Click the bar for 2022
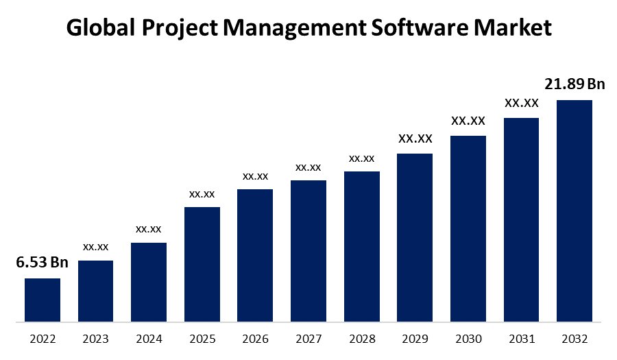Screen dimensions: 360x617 click(43, 300)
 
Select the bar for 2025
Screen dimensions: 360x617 click(202, 264)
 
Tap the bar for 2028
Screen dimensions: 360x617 click(362, 246)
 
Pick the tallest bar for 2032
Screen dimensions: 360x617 click(574, 211)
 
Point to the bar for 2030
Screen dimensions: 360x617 click(468, 228)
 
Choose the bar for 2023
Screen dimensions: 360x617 click(95, 291)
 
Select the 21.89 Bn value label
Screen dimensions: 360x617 click(574, 84)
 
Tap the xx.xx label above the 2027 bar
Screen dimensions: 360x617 click(308, 167)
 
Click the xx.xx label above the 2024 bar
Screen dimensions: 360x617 click(149, 228)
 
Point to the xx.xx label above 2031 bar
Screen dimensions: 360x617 click(522, 104)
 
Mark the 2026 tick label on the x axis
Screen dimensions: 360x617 click(255, 339)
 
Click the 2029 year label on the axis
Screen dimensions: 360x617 click(415, 339)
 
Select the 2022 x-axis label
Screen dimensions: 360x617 click(43, 339)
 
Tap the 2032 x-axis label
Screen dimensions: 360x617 click(574, 339)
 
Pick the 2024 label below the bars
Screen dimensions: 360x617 click(149, 339)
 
